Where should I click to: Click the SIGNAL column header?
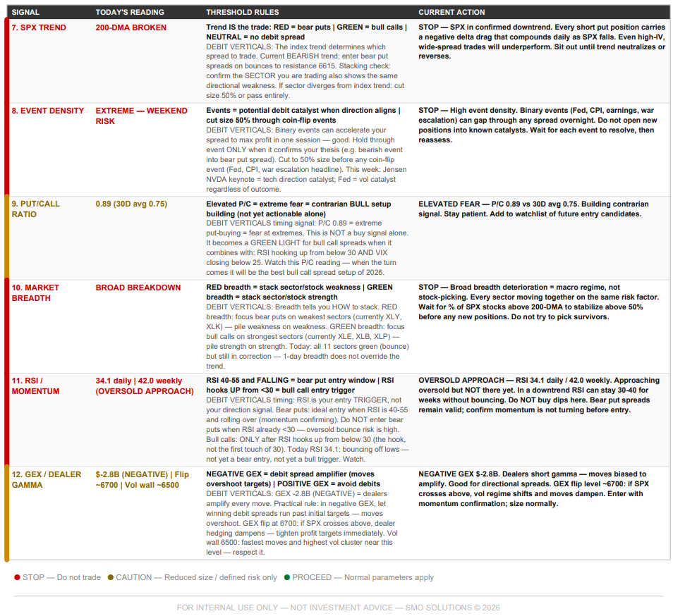coord(26,12)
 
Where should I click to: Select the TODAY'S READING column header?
coord(130,12)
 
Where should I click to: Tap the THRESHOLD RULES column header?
coord(242,12)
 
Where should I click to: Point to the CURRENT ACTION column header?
coord(451,12)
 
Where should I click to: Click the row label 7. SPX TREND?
coord(40,27)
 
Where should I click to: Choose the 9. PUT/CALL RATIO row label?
coord(35,209)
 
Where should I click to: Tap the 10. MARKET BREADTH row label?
coord(35,292)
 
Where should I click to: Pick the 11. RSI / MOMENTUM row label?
coord(35,386)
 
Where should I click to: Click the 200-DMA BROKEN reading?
coord(131,27)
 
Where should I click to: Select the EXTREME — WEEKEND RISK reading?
coord(141,116)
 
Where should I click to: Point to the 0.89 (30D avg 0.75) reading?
coord(131,204)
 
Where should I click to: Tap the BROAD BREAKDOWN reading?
coord(138,288)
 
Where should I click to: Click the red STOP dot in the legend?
coord(17,577)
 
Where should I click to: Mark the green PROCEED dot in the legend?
coord(287,577)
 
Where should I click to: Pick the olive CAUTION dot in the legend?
coord(111,577)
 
